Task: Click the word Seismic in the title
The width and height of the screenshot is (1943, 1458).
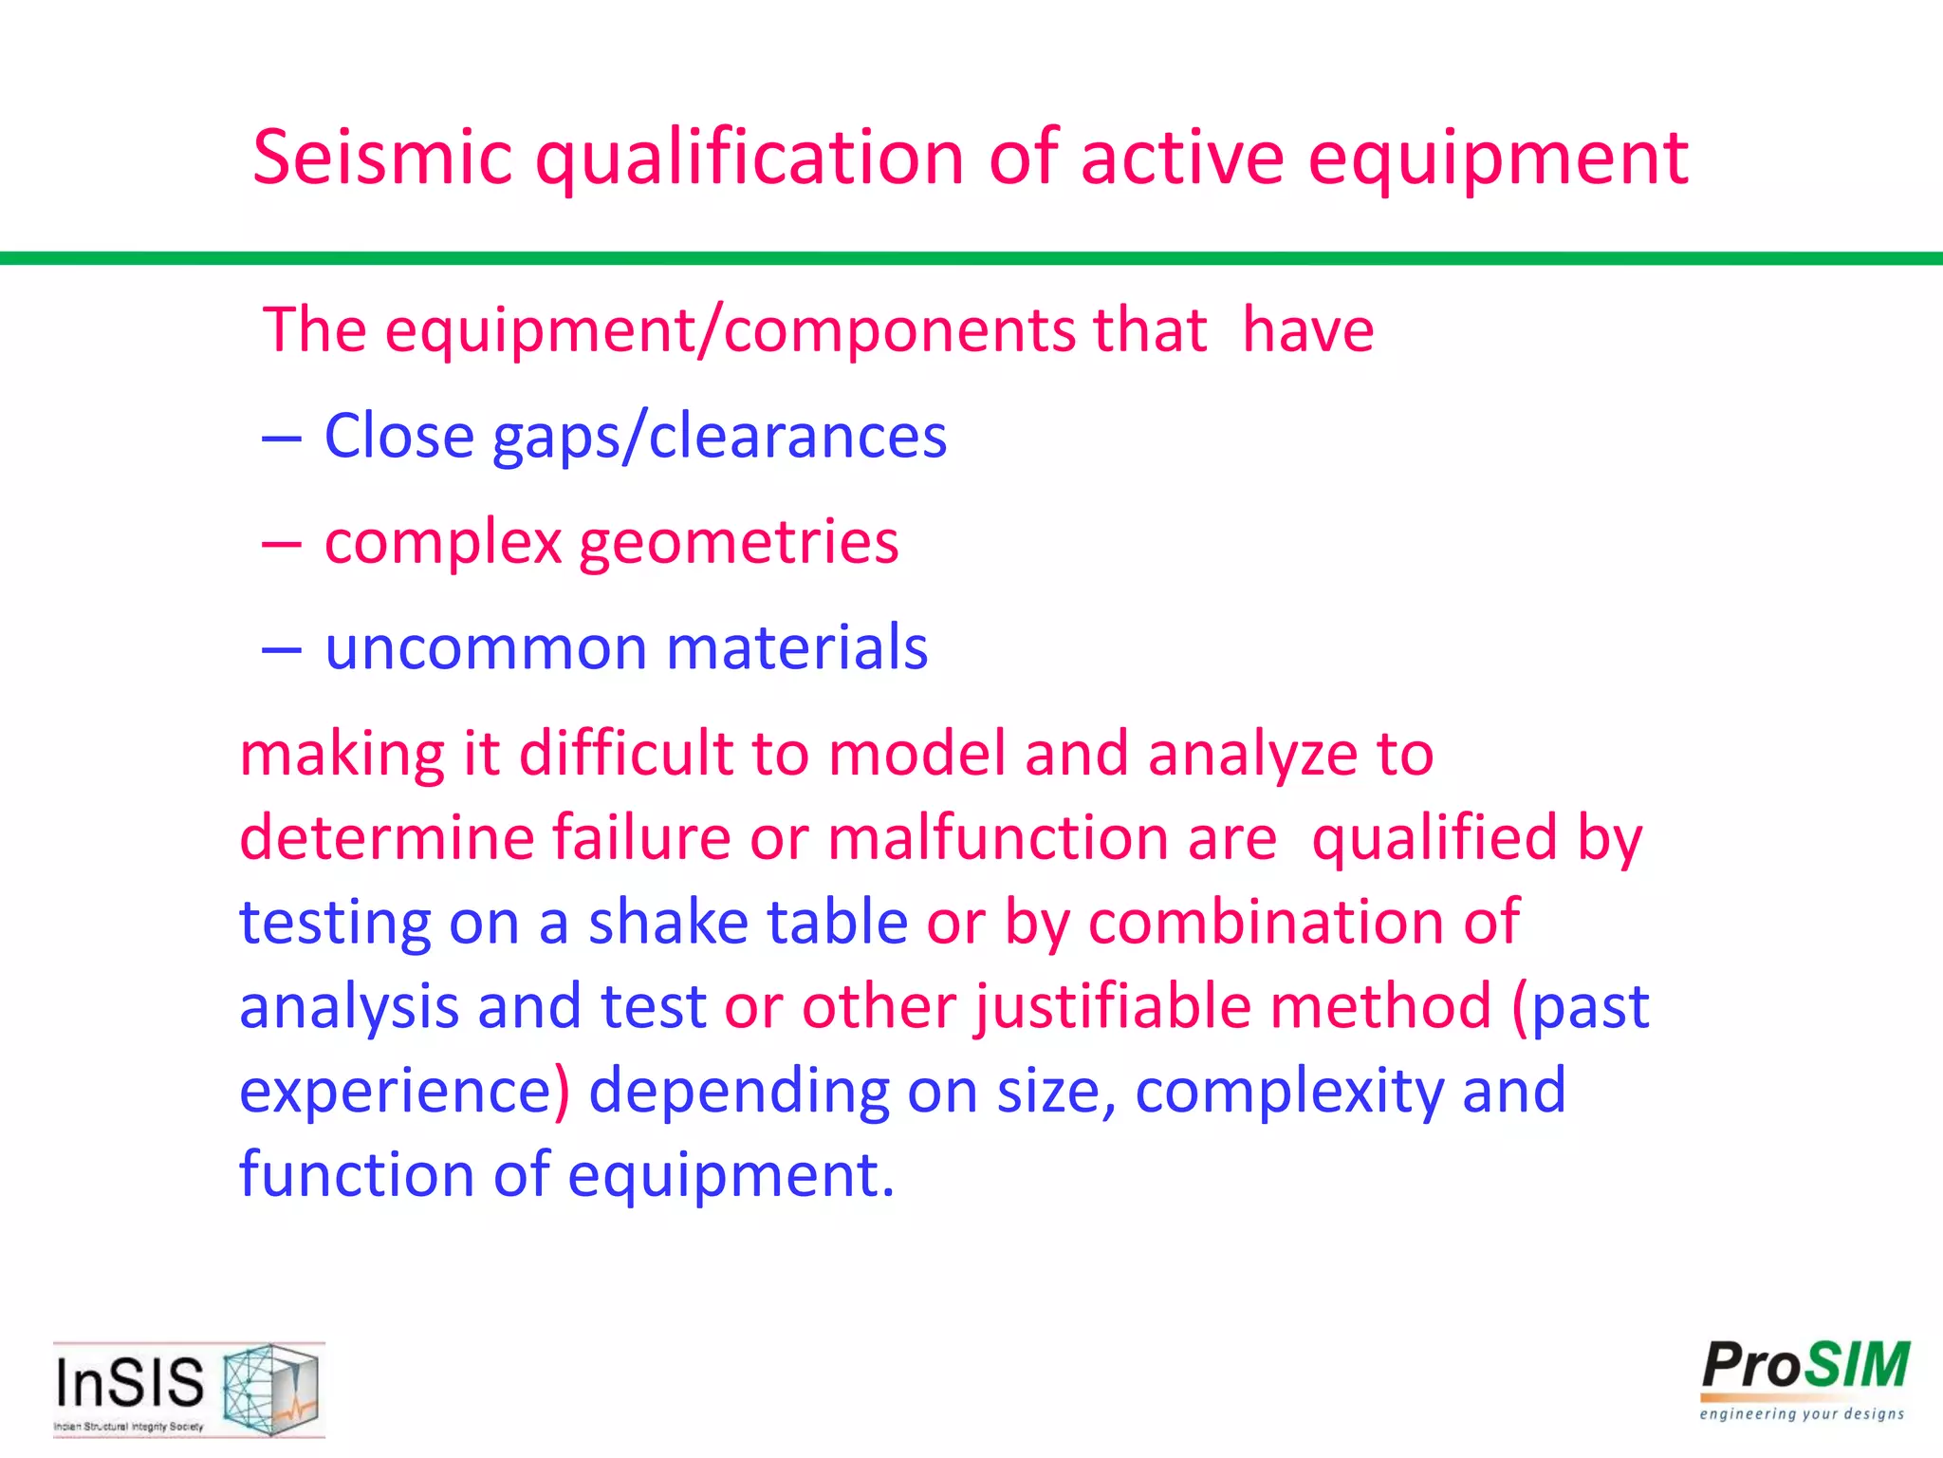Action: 381,158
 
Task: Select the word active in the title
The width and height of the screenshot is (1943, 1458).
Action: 1182,158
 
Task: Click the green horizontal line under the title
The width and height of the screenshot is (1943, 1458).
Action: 971,258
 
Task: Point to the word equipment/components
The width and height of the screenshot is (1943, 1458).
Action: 730,330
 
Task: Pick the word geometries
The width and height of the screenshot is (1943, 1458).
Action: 738,543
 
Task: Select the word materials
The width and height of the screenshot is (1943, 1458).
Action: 797,648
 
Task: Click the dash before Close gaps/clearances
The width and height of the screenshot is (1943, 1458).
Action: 282,439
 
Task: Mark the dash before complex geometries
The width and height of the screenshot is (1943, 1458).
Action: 282,545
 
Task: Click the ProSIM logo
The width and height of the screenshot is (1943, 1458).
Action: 1804,1379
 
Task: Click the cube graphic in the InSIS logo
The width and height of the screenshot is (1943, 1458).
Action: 270,1388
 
